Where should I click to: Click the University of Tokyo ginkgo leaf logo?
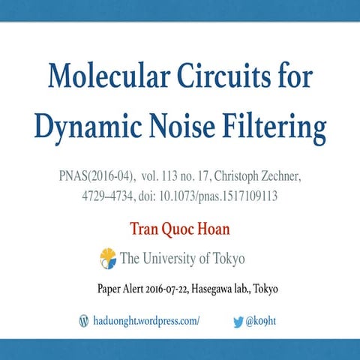coord(108,259)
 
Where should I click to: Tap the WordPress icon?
coord(84,320)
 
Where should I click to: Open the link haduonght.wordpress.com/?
coord(146,320)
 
